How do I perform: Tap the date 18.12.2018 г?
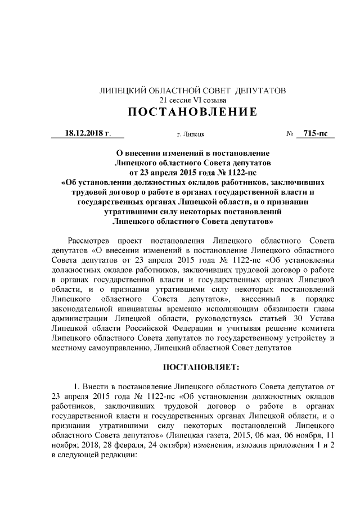click(87, 133)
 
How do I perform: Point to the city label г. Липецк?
click(191, 135)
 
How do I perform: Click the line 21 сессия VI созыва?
click(192, 100)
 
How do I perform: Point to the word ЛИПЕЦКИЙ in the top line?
click(123, 90)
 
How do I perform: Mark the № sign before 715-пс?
click(290, 134)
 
